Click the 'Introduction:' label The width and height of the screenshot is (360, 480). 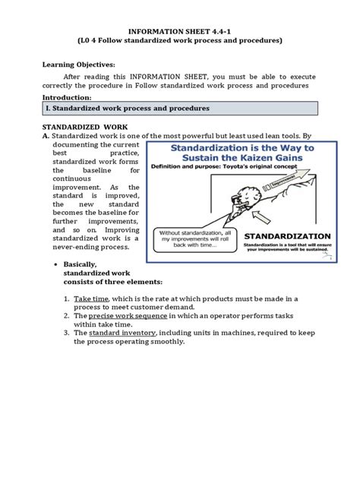(71, 98)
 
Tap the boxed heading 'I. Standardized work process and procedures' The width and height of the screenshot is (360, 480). (126, 109)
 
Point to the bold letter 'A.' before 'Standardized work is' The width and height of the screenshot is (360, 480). (46, 135)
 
